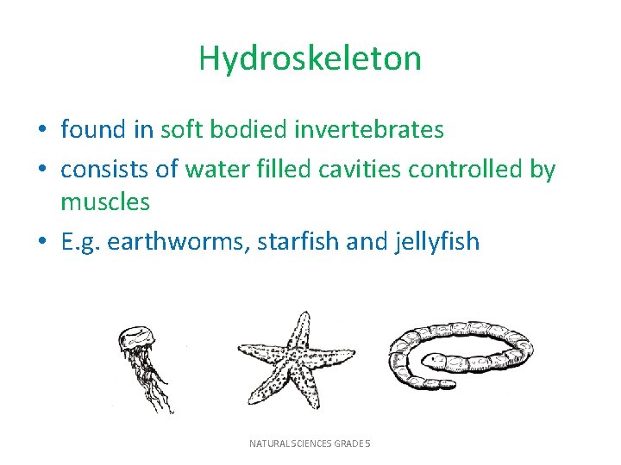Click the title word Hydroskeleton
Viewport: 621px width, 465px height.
(x=310, y=59)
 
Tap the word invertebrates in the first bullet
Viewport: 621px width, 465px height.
(x=369, y=130)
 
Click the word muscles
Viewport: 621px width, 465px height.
(x=104, y=202)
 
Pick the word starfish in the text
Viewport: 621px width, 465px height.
(x=296, y=241)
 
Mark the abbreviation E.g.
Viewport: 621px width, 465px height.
(x=78, y=242)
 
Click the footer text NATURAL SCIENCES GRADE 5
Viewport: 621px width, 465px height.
(x=310, y=443)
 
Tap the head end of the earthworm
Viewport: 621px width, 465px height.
(x=432, y=361)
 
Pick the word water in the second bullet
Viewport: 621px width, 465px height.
(x=216, y=169)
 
